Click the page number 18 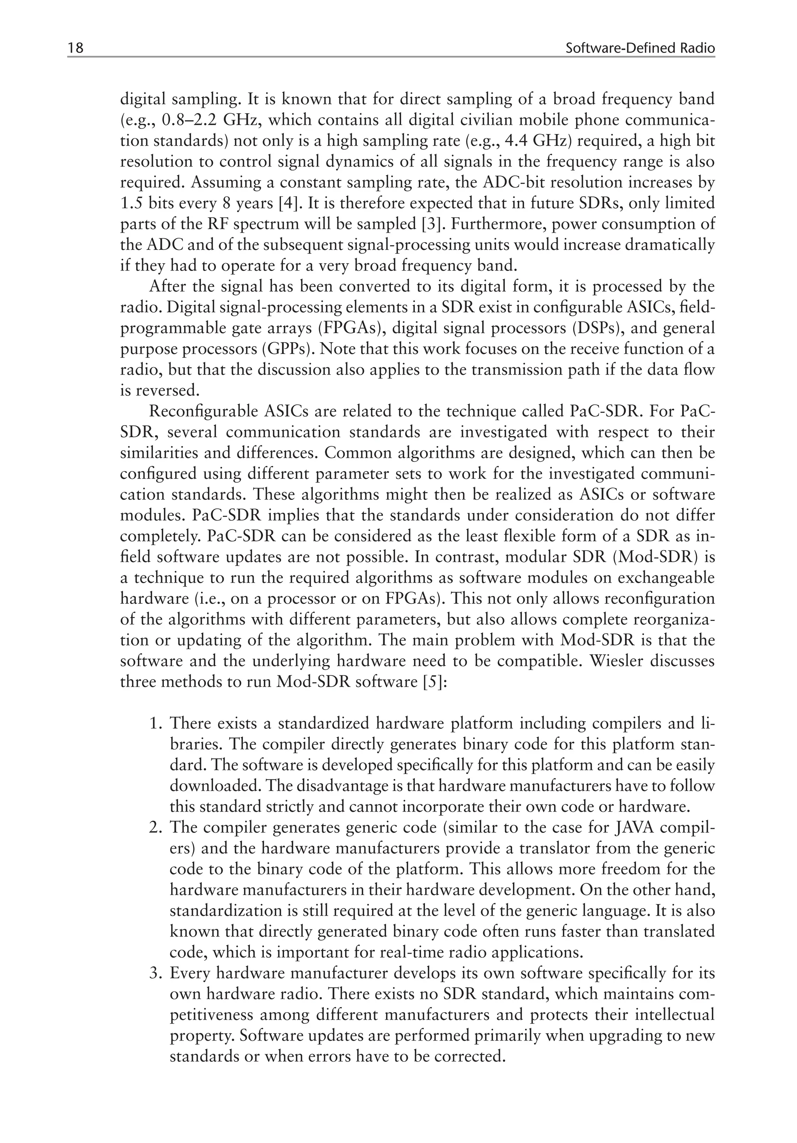coord(75,48)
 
